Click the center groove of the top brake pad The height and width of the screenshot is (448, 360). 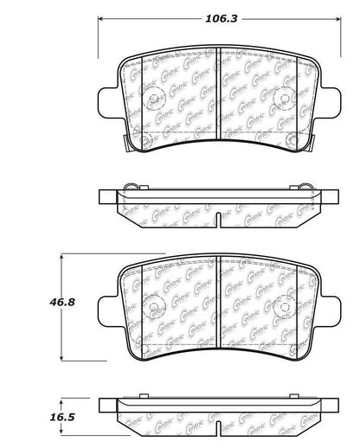[x=216, y=95]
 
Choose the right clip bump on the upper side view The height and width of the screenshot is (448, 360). [x=305, y=186]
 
